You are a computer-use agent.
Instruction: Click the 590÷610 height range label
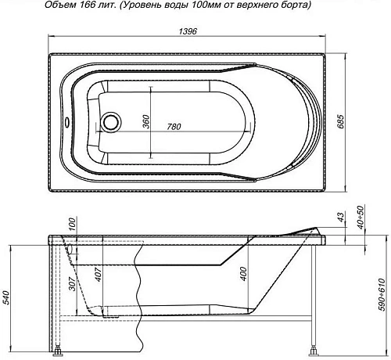pos(382,290)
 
